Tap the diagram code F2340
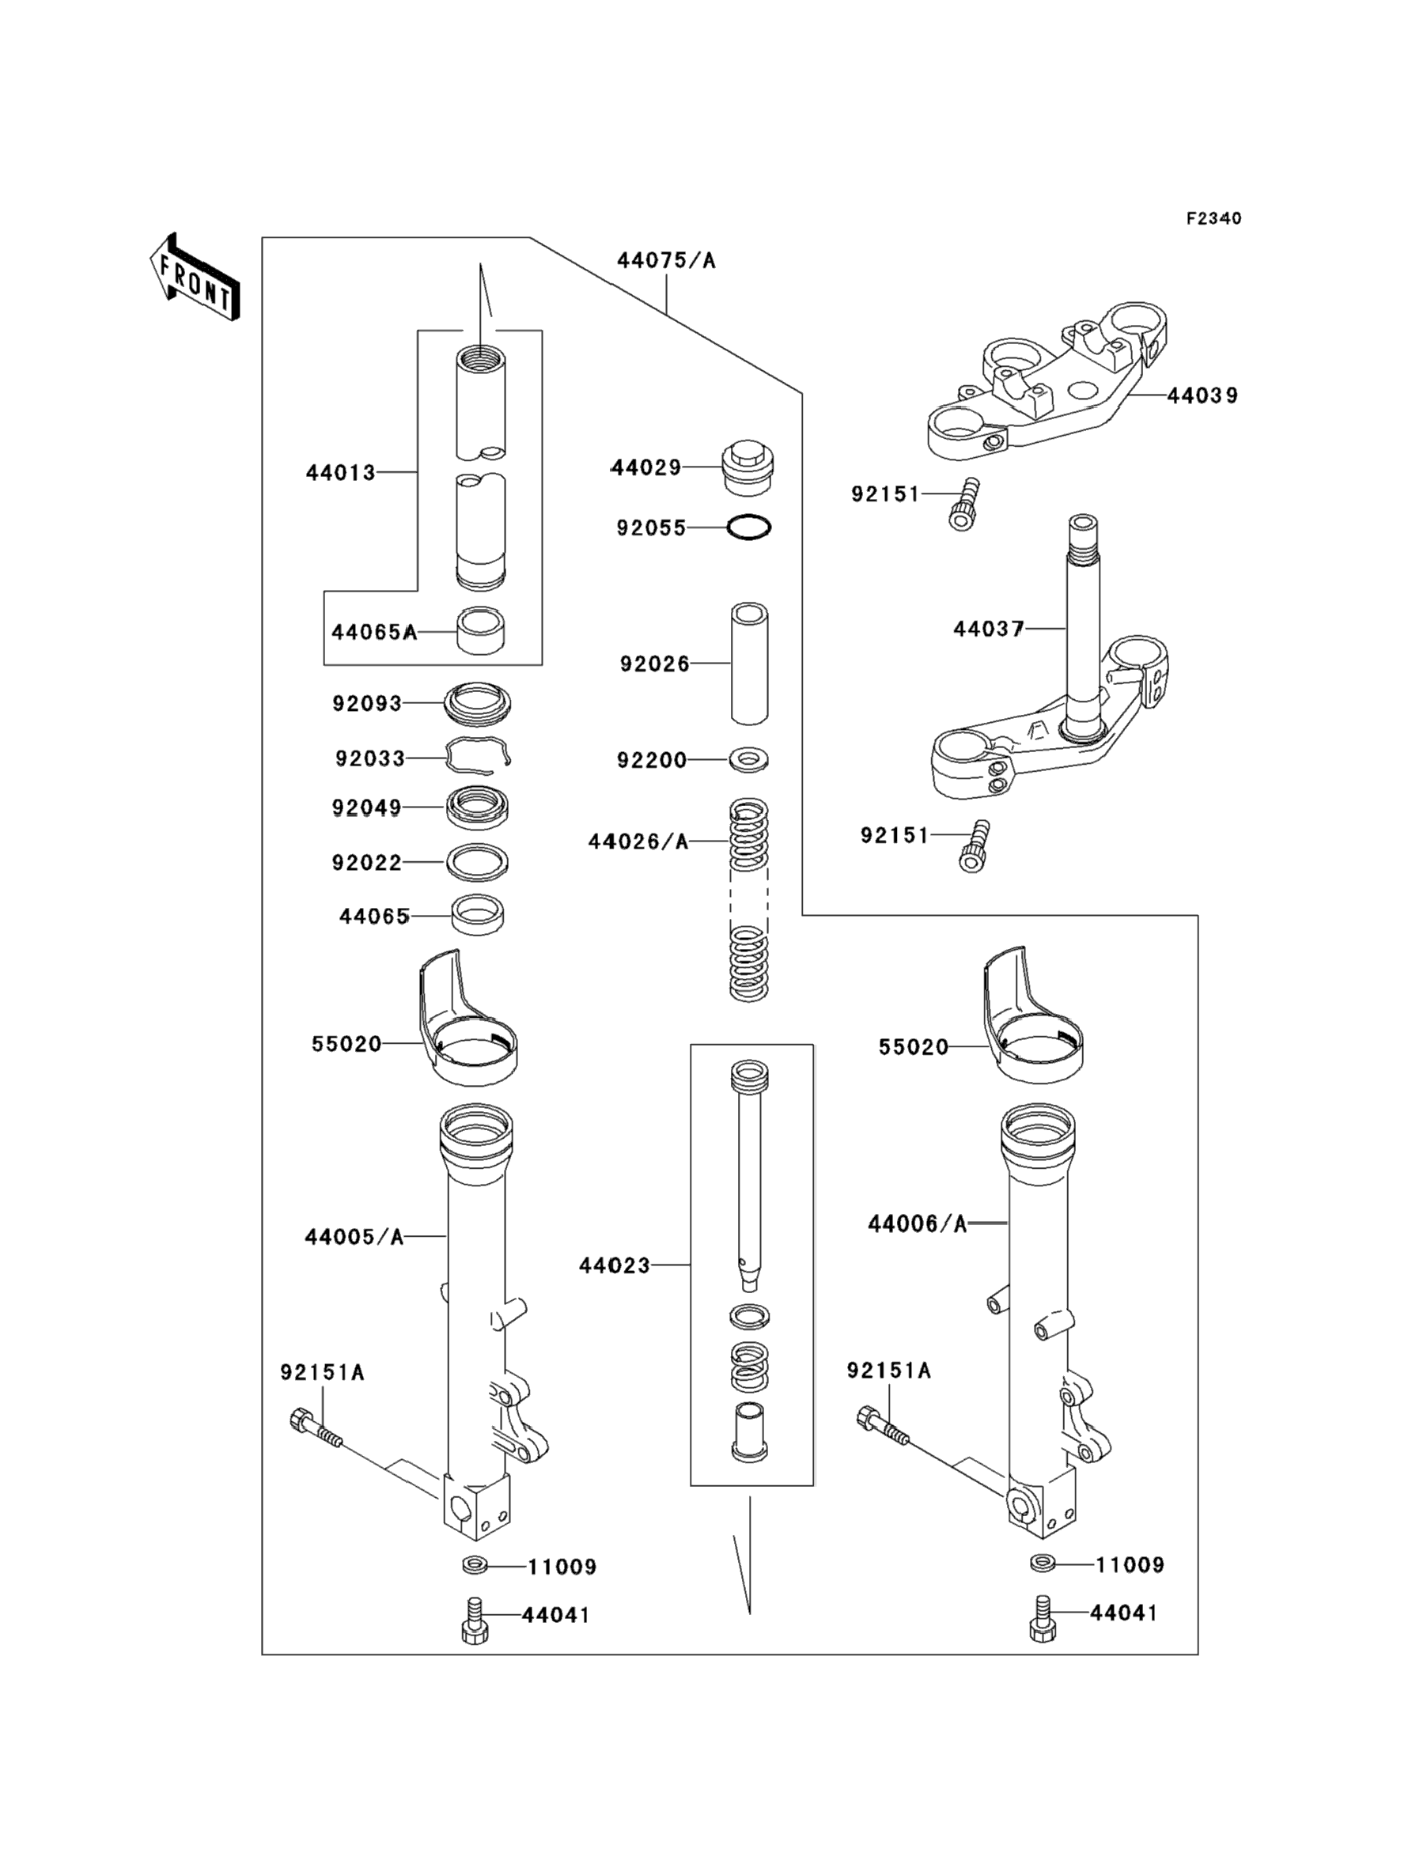[1213, 218]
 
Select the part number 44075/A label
[666, 261]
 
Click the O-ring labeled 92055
[749, 528]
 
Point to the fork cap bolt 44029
[748, 468]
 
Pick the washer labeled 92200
[749, 758]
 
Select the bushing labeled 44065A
[481, 631]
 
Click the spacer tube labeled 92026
[749, 664]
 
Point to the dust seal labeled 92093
[479, 703]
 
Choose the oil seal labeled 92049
[479, 807]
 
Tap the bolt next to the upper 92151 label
[963, 505]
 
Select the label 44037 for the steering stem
[989, 630]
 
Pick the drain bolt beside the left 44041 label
[474, 1620]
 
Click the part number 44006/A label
[918, 1223]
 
